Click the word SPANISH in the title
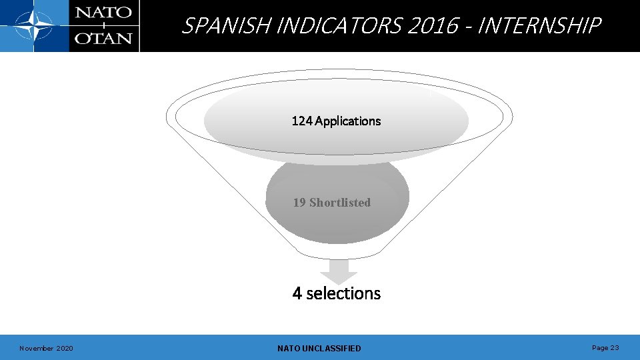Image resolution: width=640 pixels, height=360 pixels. point(227,26)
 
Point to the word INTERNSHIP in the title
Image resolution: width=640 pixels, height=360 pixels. point(539,26)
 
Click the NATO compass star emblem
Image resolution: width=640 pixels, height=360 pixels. point(34,27)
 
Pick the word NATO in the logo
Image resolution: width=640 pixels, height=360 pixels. point(103,13)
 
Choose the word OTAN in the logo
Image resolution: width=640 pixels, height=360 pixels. point(103,38)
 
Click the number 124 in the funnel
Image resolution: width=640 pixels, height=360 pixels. point(302,121)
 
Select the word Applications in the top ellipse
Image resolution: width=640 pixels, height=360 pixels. point(348,121)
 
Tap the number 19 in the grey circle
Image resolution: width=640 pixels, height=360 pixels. point(299,203)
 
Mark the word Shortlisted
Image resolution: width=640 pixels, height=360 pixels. point(340,203)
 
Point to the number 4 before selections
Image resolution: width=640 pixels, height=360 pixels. point(297,293)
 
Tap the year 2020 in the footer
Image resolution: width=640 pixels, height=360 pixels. point(65,348)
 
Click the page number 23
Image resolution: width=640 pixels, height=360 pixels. point(615,347)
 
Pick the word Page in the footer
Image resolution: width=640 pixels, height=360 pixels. point(600,347)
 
